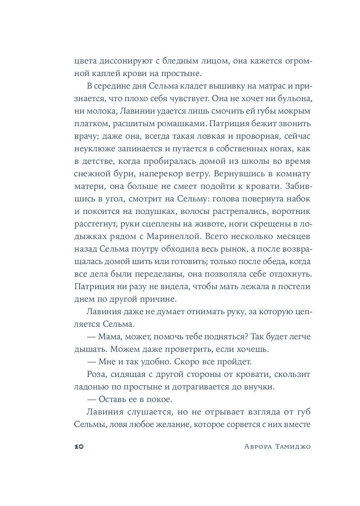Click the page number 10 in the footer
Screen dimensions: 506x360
(x=79, y=446)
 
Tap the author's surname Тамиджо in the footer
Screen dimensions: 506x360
(x=293, y=446)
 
